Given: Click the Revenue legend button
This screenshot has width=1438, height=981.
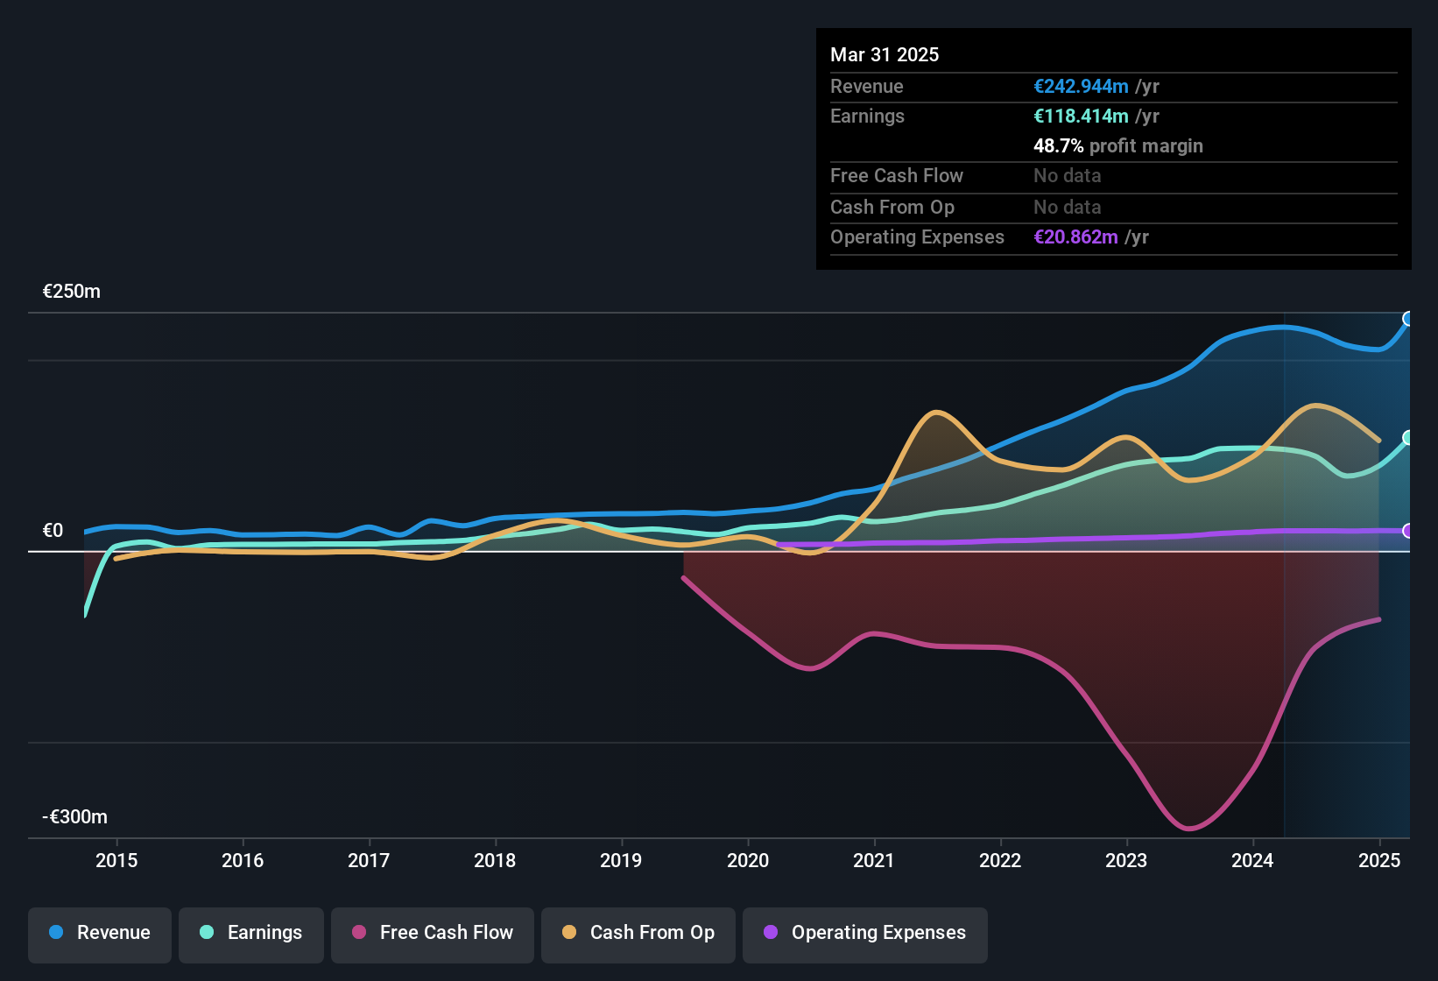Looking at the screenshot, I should pos(100,933).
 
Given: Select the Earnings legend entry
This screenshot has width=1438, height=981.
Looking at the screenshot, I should pos(251,933).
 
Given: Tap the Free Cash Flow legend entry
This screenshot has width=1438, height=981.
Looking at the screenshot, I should pos(433,933).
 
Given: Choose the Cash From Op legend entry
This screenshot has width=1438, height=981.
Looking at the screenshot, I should pos(638,933).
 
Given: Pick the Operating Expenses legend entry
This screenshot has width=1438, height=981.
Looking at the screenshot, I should pos(865,933).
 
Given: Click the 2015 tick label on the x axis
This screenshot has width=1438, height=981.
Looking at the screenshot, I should pos(116,860).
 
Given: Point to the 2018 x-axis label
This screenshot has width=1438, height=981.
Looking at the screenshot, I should pos(495,860).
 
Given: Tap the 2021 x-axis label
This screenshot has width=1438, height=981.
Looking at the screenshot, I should pos(874,860).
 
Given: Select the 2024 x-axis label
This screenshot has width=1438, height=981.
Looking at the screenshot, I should pos(1252,860).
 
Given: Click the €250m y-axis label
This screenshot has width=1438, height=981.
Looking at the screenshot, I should pos(72,292).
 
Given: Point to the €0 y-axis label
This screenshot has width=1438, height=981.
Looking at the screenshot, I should pos(53,531).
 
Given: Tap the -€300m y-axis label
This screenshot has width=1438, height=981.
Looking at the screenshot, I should pos(75,817).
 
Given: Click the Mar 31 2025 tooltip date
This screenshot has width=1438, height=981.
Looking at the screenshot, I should pos(885,55).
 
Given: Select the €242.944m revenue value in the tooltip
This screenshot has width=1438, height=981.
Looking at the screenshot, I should pos(1081,87).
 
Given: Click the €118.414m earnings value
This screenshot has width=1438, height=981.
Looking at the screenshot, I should pos(1081,116).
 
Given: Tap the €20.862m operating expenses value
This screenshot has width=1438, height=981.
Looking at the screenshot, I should pos(1075,237).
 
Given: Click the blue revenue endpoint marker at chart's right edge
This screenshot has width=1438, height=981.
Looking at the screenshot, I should pos(1408,319).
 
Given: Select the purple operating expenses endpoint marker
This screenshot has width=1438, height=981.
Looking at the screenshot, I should pos(1408,531).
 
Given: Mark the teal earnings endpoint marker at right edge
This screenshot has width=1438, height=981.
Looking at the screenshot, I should pos(1408,438).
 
